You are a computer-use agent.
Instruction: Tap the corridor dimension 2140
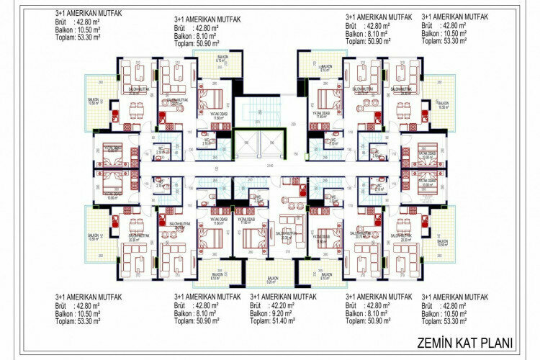[270, 166]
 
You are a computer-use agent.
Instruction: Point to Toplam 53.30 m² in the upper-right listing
[449, 42]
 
